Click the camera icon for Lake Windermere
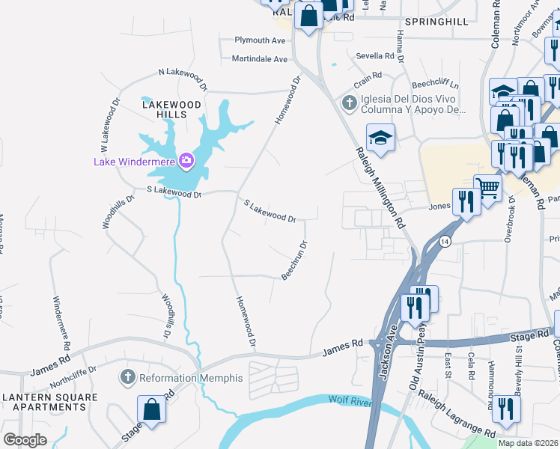click(x=186, y=160)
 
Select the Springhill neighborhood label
click(x=436, y=22)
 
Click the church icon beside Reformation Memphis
click(x=128, y=378)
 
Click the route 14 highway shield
click(x=445, y=242)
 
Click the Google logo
click(x=25, y=439)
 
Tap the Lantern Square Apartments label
click(x=44, y=401)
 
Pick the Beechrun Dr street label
click(x=294, y=260)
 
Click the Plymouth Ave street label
click(x=261, y=40)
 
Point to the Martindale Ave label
click(x=260, y=58)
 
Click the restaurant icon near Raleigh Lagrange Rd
click(x=507, y=408)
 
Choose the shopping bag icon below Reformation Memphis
click(x=151, y=409)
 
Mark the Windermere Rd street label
click(x=61, y=323)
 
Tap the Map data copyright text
click(x=529, y=443)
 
